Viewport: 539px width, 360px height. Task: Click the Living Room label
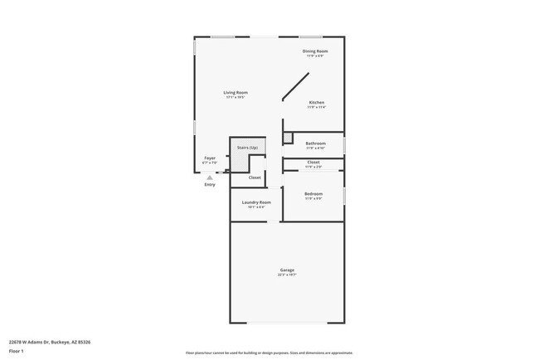pyautogui.click(x=236, y=92)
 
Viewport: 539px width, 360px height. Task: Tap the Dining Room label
pyautogui.click(x=315, y=51)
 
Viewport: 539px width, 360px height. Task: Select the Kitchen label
pyautogui.click(x=317, y=102)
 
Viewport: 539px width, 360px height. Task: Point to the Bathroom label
pyautogui.click(x=315, y=143)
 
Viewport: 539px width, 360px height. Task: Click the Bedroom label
pyautogui.click(x=313, y=194)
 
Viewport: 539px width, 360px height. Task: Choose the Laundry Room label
pyautogui.click(x=256, y=202)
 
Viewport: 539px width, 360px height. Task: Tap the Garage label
pyautogui.click(x=287, y=270)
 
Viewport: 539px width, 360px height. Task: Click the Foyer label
pyautogui.click(x=210, y=158)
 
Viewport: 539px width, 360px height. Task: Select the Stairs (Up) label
pyautogui.click(x=248, y=147)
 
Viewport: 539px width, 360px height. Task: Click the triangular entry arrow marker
pyautogui.click(x=210, y=177)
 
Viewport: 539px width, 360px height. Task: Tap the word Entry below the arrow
pyautogui.click(x=210, y=184)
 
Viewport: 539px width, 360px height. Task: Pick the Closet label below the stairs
pyautogui.click(x=255, y=177)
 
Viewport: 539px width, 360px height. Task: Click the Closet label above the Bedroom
pyautogui.click(x=313, y=162)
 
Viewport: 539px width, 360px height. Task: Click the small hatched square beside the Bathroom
pyautogui.click(x=289, y=138)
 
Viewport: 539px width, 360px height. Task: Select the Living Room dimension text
pyautogui.click(x=236, y=97)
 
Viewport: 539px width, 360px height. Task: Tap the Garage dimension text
pyautogui.click(x=287, y=275)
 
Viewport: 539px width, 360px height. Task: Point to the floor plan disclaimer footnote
pyautogui.click(x=269, y=352)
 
